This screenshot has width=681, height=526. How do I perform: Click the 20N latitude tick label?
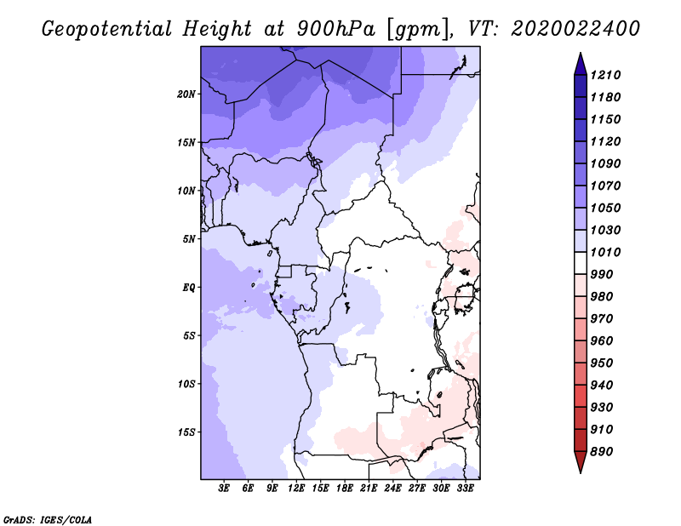point(186,94)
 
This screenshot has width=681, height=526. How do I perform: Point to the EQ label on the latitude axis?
point(189,287)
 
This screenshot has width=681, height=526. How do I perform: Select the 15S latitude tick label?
point(186,432)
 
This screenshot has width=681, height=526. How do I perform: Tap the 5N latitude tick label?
point(189,238)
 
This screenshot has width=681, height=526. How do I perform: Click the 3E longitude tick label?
point(225,488)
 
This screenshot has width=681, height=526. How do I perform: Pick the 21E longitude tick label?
point(369,488)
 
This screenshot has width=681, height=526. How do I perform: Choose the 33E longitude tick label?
point(465,488)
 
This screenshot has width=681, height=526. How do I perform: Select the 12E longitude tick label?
point(296,488)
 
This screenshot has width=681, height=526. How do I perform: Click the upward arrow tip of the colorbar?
point(580,56)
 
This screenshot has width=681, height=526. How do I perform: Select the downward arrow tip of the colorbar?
point(580,470)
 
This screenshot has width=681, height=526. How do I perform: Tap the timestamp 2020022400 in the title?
point(575,29)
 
